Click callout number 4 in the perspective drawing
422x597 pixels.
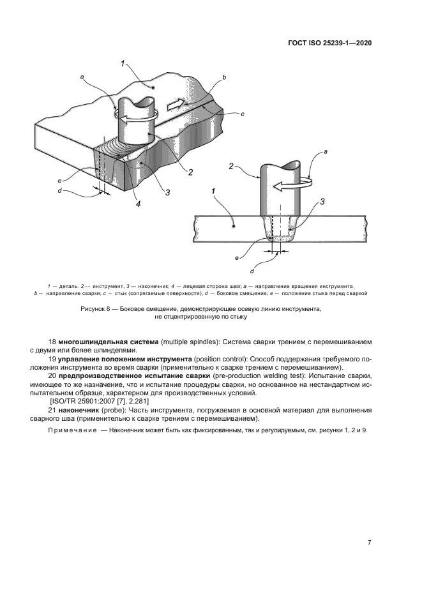click(138, 204)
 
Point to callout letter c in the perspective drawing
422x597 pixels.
click(243, 114)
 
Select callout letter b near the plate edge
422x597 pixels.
click(224, 77)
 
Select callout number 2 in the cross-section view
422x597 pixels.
click(231, 167)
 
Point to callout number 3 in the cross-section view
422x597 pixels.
click(323, 201)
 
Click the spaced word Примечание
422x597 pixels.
click(71, 431)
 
